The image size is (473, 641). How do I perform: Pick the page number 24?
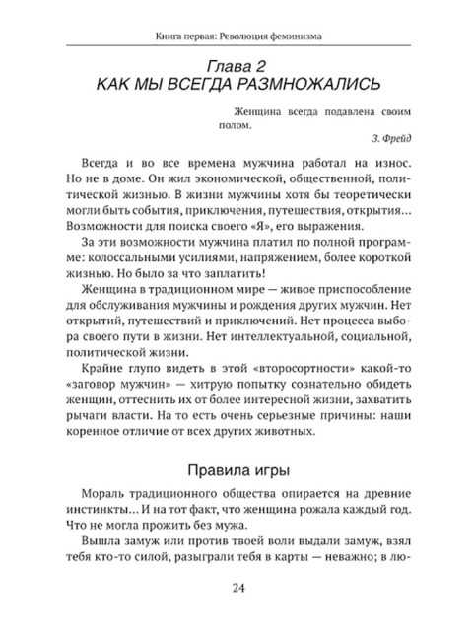(236, 590)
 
